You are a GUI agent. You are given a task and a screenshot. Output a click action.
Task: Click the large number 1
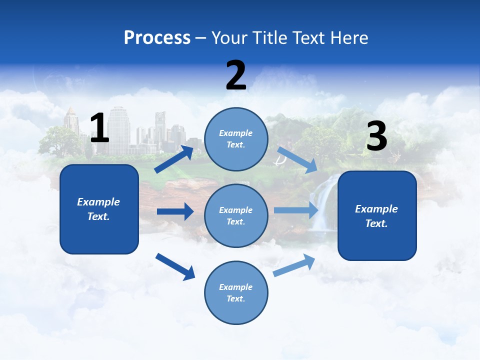tap(99, 128)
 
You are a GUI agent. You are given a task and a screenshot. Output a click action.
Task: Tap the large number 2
tap(236, 75)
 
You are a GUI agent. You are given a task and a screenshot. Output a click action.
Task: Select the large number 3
tap(376, 136)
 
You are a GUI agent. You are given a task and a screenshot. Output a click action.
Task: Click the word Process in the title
tap(157, 37)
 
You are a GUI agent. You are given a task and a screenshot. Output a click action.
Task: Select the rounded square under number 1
tap(99, 209)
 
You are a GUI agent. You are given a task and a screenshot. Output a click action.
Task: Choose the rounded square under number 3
tap(377, 215)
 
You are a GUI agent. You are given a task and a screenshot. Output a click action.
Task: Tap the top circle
tap(236, 139)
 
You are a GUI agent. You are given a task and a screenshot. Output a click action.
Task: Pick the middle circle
tap(236, 215)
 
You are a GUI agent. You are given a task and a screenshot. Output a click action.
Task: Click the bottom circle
tap(236, 292)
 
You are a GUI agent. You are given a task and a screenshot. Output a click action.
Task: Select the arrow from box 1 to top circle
tap(174, 159)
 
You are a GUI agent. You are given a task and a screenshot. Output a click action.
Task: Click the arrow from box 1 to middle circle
tap(175, 211)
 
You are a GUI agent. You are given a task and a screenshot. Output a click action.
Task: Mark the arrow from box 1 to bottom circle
tap(175, 266)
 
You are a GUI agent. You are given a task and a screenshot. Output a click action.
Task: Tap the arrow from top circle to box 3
tap(297, 159)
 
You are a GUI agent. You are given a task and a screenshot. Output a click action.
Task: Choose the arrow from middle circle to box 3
tap(296, 210)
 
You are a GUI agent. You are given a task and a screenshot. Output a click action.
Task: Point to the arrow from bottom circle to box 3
tap(294, 265)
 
